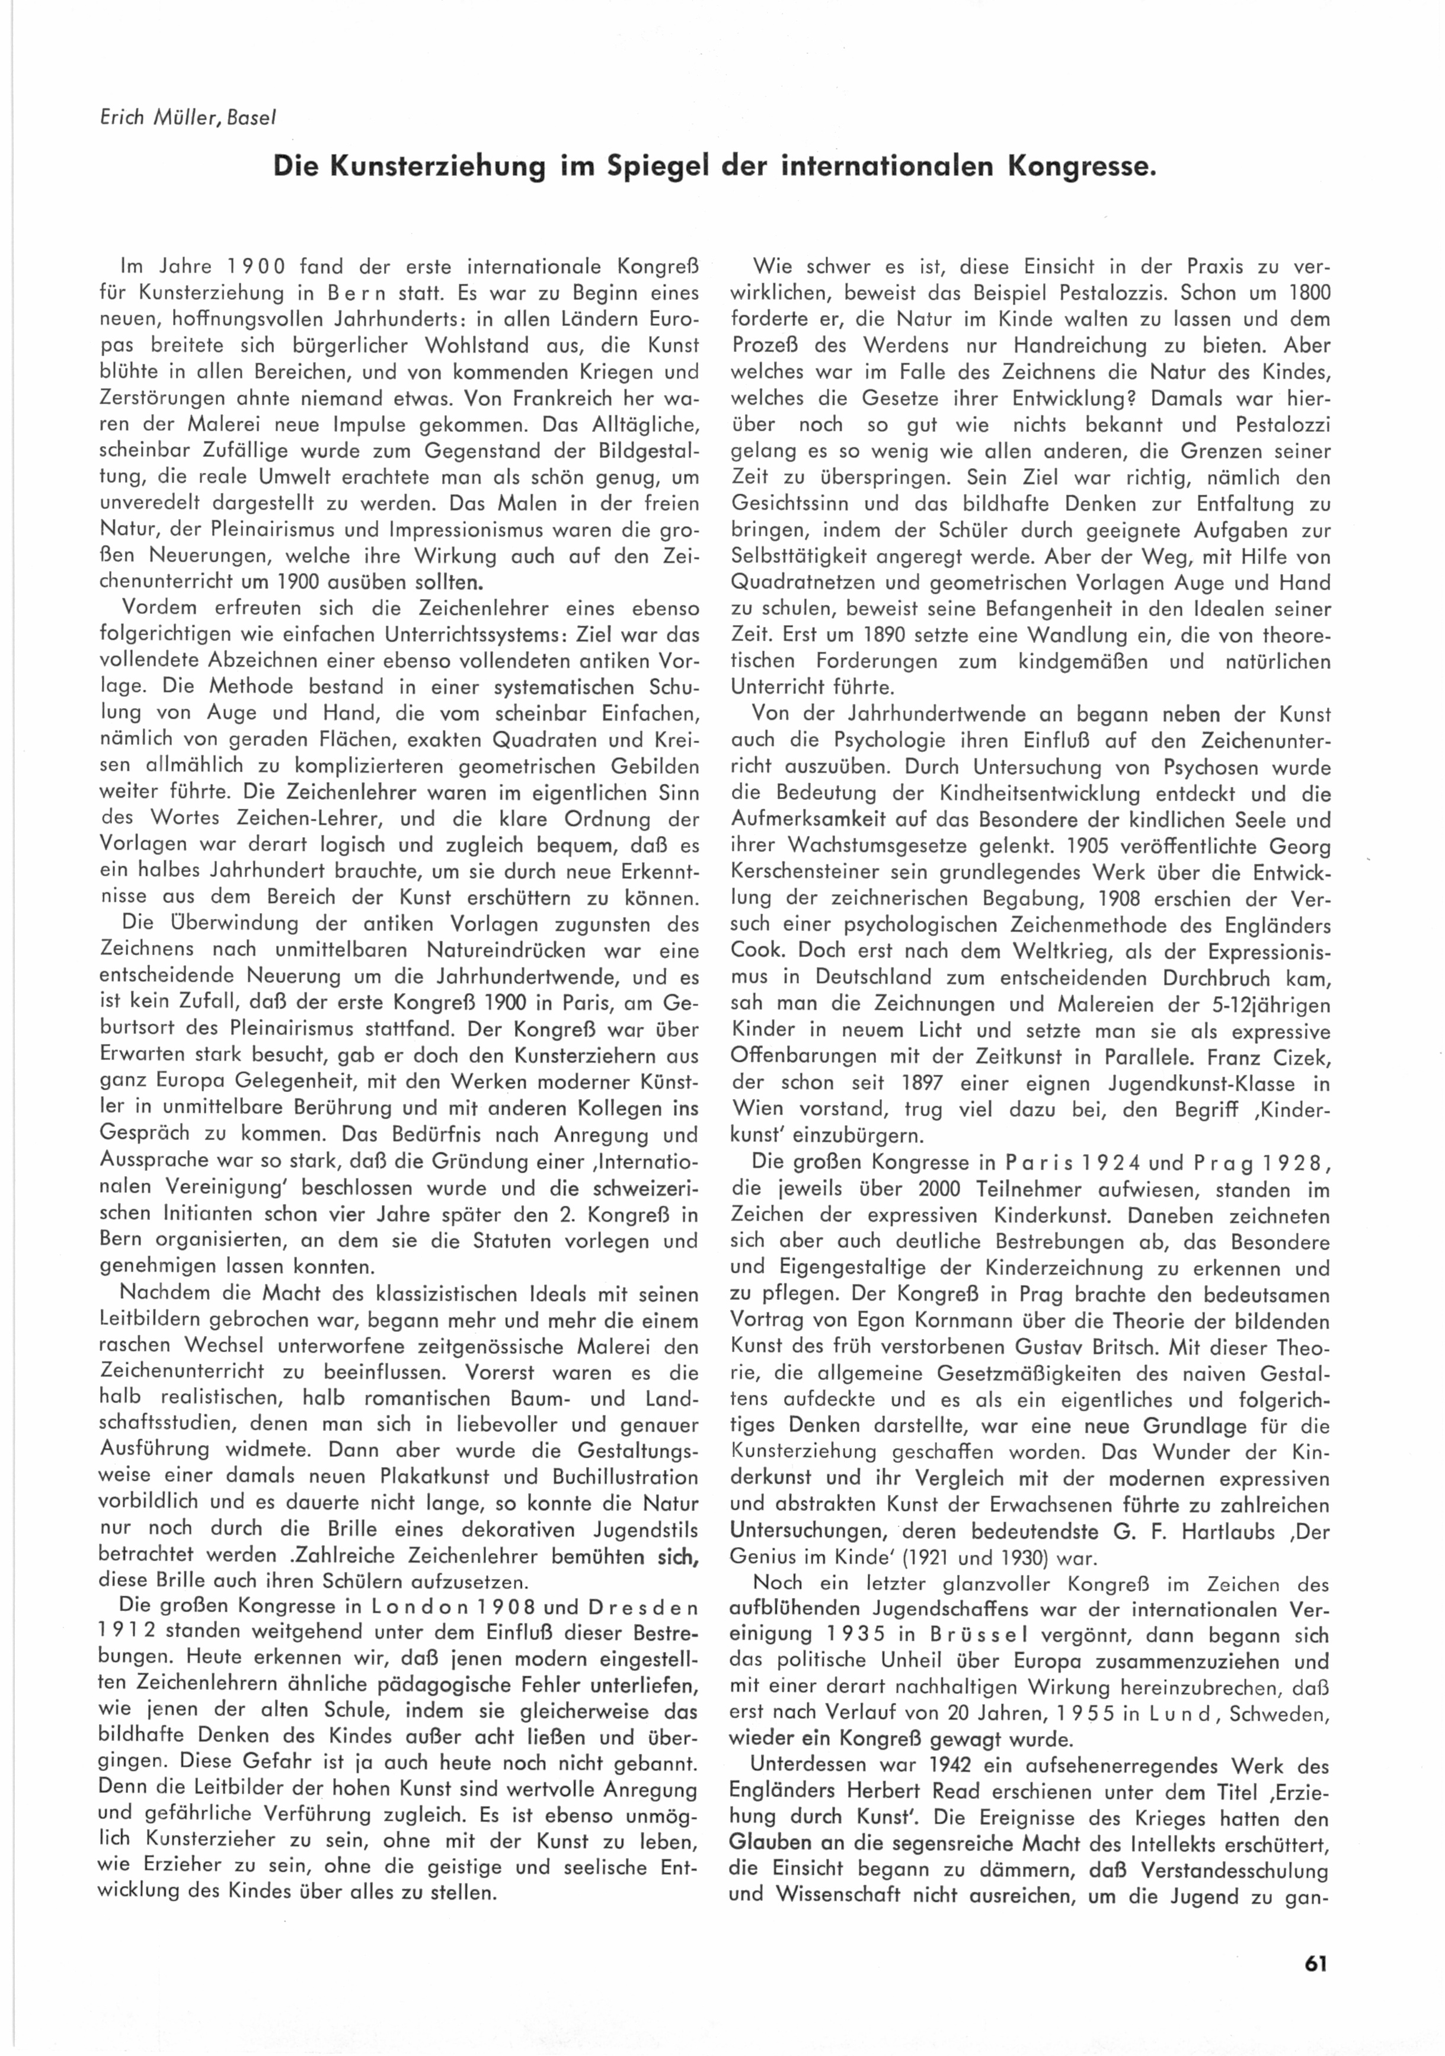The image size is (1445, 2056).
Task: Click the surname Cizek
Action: point(1300,1056)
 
